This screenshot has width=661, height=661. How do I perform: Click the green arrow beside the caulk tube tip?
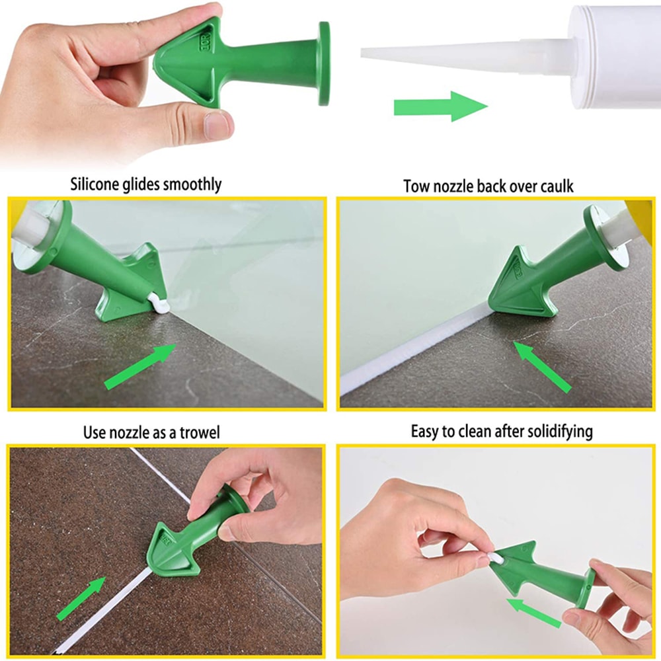click(x=440, y=106)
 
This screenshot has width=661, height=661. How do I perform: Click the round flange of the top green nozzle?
click(x=324, y=63)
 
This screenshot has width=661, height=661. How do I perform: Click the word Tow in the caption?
click(x=417, y=187)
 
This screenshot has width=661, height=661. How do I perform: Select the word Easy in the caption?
click(x=425, y=432)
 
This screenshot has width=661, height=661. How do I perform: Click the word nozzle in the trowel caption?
click(x=128, y=433)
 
